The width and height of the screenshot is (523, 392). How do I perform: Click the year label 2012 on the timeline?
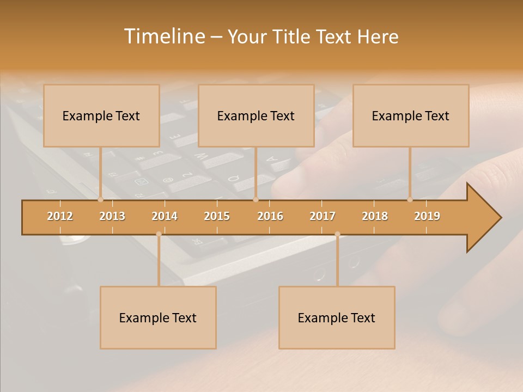click(60, 216)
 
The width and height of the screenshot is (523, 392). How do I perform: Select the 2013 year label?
click(112, 216)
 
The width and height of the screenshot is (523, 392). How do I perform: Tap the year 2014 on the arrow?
click(165, 216)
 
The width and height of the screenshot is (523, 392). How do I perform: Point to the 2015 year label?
click(217, 216)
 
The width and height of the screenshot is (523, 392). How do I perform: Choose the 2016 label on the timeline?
click(270, 216)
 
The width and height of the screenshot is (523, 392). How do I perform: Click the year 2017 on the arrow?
click(323, 216)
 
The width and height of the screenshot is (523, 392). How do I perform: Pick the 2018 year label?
click(375, 216)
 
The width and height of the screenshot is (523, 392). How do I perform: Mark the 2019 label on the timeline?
click(427, 216)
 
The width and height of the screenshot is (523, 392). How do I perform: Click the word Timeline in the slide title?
click(164, 36)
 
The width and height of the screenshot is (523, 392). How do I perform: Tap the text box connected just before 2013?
click(101, 115)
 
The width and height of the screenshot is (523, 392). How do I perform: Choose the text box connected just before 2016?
click(256, 115)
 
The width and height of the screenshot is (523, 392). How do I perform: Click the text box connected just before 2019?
click(411, 115)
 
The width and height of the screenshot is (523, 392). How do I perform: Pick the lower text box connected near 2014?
click(158, 317)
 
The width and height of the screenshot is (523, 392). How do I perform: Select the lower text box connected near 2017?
click(337, 317)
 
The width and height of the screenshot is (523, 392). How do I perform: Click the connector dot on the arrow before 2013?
click(100, 200)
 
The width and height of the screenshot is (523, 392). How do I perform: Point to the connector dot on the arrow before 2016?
click(256, 200)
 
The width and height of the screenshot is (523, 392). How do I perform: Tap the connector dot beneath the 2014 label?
click(159, 234)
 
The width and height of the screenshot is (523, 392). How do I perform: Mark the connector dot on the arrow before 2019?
click(410, 200)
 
